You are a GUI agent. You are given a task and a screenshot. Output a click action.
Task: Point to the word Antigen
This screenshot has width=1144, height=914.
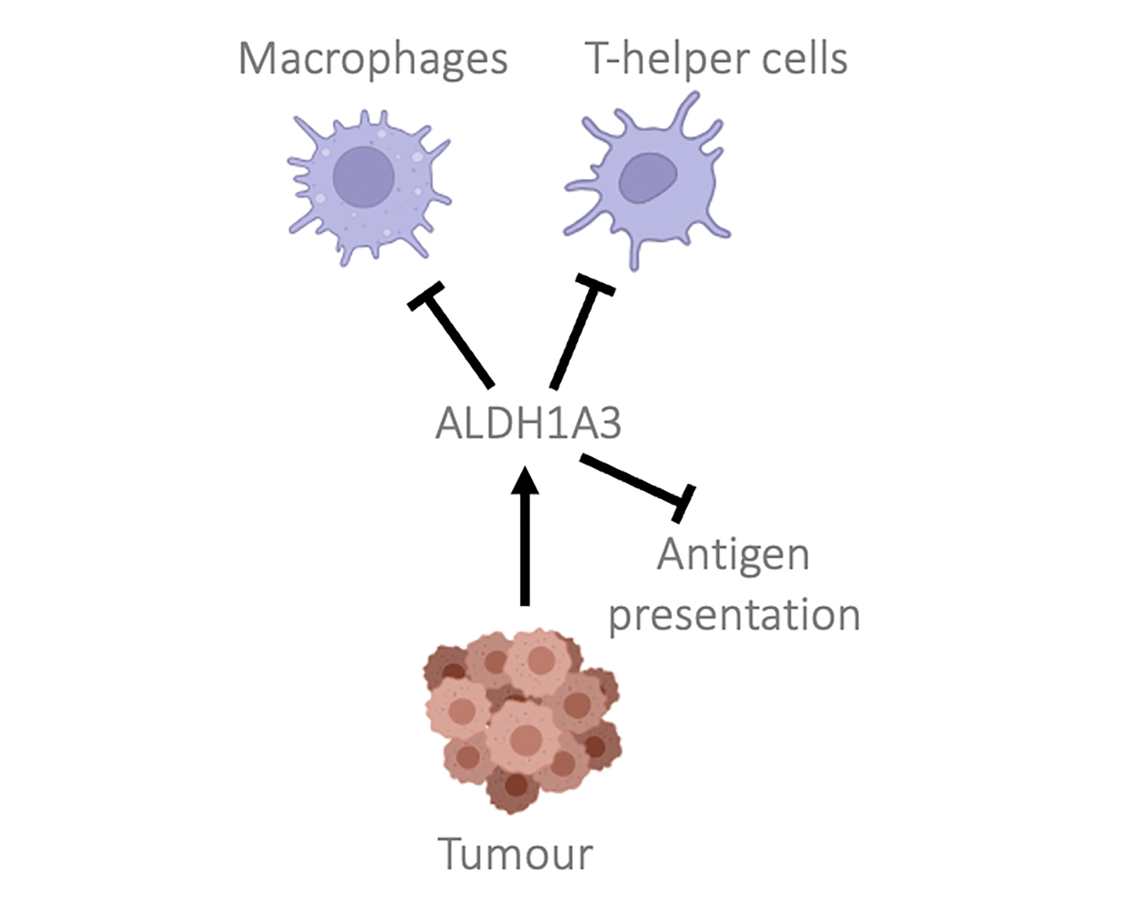733,555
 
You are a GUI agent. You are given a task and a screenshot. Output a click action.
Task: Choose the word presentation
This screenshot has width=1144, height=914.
734,615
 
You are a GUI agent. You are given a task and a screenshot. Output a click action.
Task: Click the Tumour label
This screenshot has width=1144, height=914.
515,854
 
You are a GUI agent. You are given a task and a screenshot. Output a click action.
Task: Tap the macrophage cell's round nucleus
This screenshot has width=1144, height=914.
364,177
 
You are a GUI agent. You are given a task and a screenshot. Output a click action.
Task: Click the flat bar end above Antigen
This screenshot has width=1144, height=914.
683,502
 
